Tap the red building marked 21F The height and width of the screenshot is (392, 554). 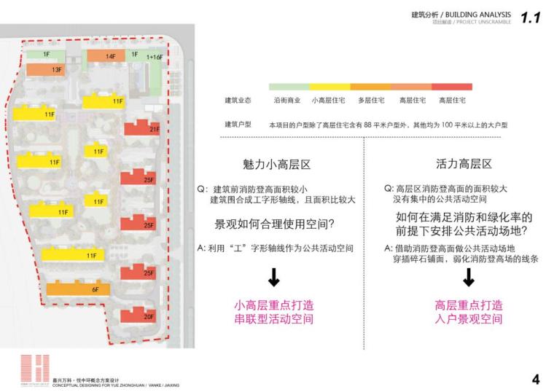pos(142,128)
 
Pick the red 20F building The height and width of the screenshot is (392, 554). pos(139,315)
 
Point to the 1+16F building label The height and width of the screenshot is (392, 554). pos(153,56)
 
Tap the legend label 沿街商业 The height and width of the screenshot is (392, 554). pos(287,100)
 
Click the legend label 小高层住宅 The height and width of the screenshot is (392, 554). pos(329,100)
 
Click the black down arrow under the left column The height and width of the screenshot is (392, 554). pos(274,277)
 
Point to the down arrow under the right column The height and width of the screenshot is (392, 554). pos(469,277)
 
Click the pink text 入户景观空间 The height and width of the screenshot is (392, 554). pos(469,319)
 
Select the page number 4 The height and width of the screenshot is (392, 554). pos(536,379)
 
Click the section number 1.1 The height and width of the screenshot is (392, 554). pos(531,17)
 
